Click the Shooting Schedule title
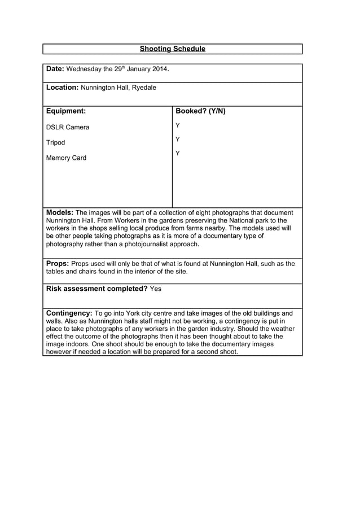(172, 49)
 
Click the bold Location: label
(62, 88)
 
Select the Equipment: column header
(65, 111)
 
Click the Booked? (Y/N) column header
(200, 111)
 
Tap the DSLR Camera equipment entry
(67, 127)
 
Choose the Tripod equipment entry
(55, 142)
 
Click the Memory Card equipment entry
(66, 158)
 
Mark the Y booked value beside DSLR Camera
(178, 125)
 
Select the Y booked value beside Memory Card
(178, 153)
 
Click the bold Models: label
(59, 212)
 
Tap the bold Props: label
(58, 264)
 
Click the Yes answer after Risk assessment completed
(156, 289)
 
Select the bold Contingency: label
(69, 313)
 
